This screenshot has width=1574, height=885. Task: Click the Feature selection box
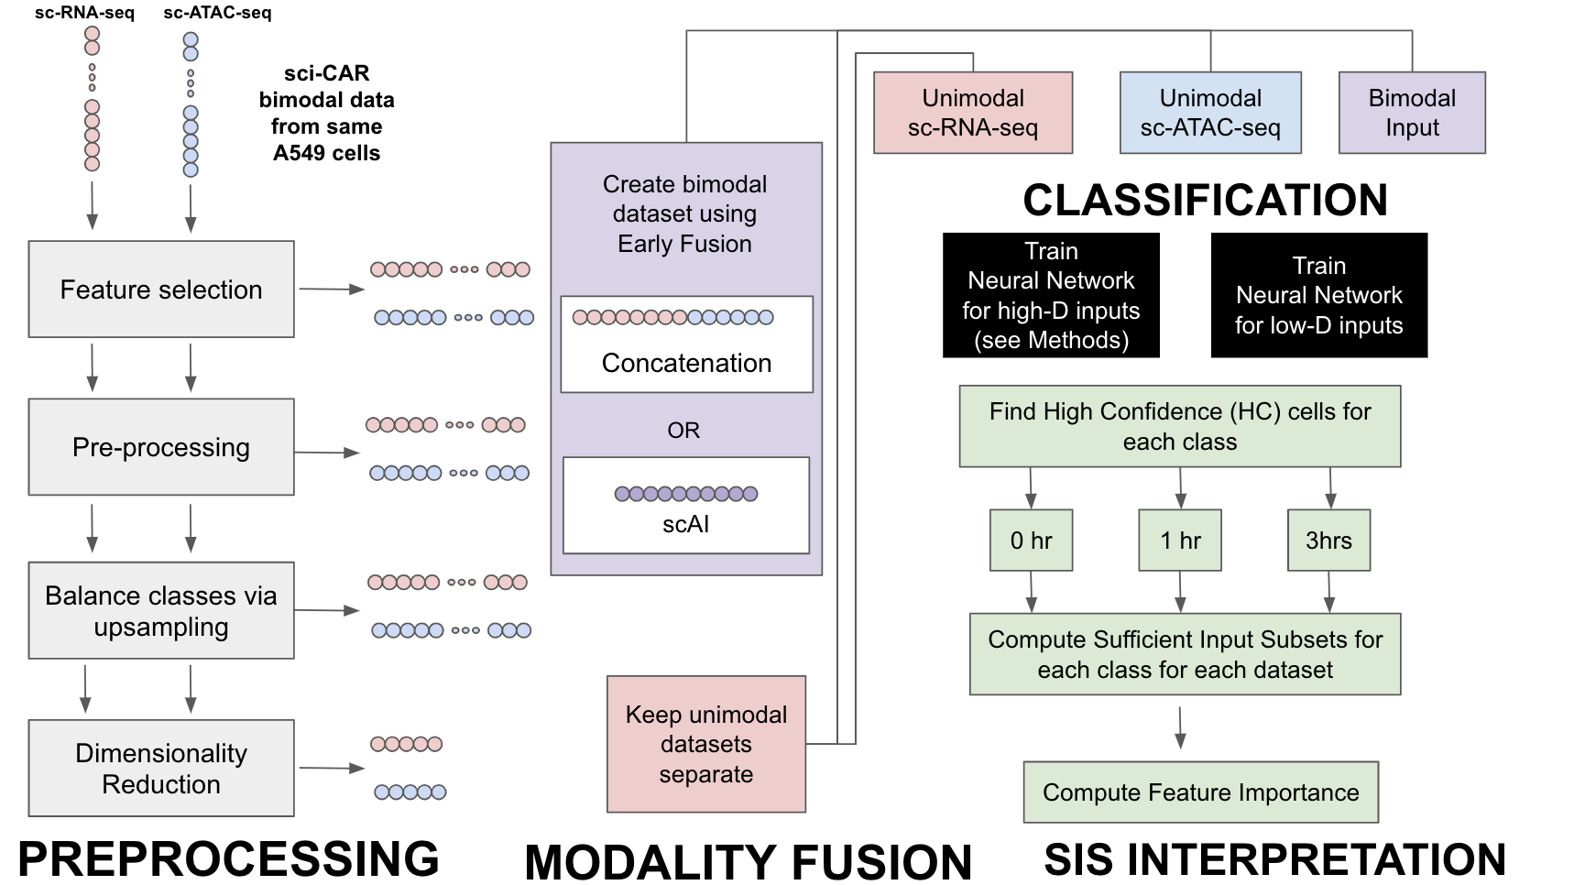[161, 290]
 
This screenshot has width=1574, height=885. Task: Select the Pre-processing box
[161, 447]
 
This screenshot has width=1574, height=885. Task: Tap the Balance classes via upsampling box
[161, 611]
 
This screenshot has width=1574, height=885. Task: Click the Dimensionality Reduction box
[161, 769]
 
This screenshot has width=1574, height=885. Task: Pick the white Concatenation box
[686, 345]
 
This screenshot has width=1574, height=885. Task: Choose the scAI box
[685, 506]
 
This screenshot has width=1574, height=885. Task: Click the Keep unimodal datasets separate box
[705, 744]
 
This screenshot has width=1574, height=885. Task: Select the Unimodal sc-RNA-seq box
[972, 113]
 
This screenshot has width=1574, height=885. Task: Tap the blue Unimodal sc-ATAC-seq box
[1210, 113]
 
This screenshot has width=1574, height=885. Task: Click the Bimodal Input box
[1412, 113]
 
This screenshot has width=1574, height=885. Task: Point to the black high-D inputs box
[1051, 295]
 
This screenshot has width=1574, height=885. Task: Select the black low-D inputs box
[1318, 295]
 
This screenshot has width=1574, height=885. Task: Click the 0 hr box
[1031, 541]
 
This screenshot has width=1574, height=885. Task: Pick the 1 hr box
[1180, 541]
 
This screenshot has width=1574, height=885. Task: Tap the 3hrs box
[1328, 541]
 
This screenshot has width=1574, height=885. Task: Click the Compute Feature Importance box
[1200, 792]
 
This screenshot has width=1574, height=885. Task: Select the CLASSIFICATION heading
[1205, 201]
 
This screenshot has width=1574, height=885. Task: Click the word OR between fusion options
[683, 430]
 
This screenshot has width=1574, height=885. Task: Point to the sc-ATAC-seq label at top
[217, 13]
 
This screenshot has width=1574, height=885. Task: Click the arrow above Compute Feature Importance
[1180, 727]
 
